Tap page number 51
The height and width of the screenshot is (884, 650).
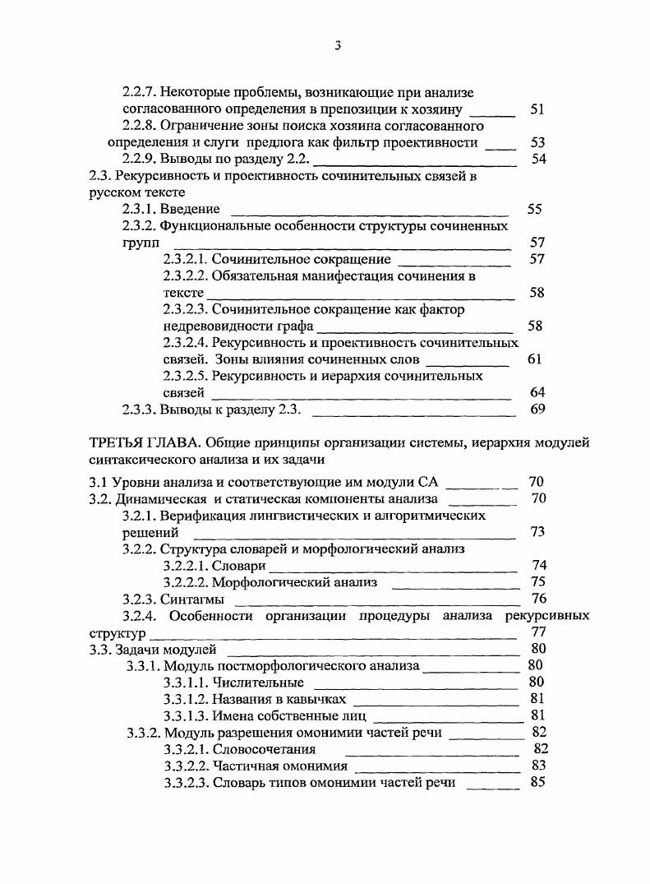537,109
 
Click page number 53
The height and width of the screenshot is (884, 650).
538,143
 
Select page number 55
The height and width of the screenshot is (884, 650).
534,210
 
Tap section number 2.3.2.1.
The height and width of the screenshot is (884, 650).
185,260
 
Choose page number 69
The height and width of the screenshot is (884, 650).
538,410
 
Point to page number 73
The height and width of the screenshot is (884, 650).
538,532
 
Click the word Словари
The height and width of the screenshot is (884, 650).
238,566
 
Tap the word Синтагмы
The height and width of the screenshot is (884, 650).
191,599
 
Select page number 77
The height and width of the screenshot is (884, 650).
539,632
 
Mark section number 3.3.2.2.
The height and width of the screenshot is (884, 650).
185,766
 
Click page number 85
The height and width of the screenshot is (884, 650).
538,783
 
